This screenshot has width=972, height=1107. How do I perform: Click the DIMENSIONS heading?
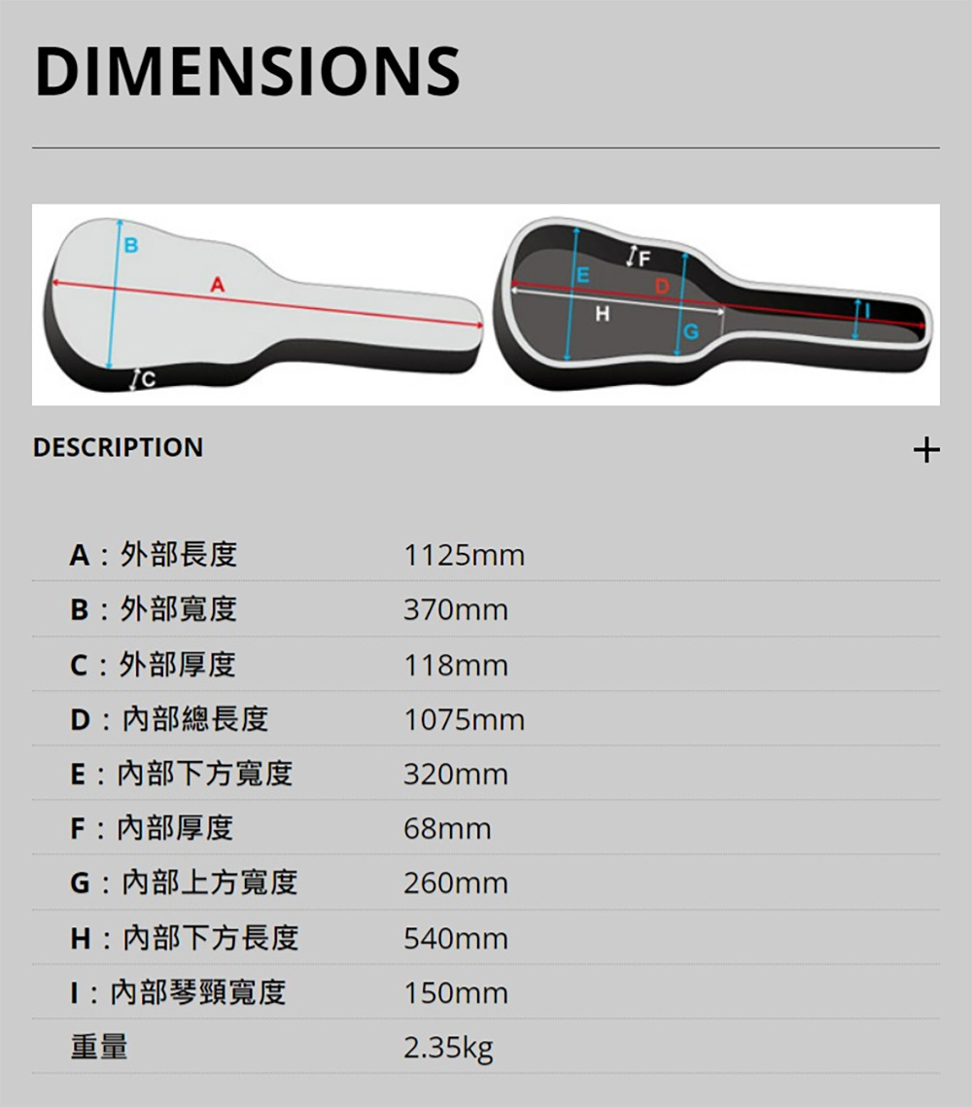(247, 71)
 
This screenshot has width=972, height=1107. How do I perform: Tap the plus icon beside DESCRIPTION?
(926, 450)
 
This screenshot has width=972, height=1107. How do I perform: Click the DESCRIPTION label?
(118, 448)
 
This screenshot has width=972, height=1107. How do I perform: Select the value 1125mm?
(464, 556)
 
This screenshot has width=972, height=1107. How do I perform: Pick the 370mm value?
(455, 610)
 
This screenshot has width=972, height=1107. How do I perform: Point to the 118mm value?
(455, 665)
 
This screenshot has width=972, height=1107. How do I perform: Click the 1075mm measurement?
(464, 720)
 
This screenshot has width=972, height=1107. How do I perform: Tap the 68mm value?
(447, 829)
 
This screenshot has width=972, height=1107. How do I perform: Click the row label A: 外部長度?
(154, 555)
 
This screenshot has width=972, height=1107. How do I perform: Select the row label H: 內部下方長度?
(185, 938)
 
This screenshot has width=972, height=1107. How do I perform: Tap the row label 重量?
(99, 1047)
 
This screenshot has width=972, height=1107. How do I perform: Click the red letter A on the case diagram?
(218, 285)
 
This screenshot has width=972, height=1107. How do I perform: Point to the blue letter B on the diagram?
(131, 246)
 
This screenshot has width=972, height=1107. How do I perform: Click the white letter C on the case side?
(149, 381)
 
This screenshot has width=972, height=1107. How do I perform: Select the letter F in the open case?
(643, 259)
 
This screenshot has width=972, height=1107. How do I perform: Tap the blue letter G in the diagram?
(691, 331)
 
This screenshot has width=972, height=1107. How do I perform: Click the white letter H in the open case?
(602, 314)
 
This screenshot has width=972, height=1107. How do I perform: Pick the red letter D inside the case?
(662, 286)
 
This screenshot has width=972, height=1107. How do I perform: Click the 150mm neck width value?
(455, 993)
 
